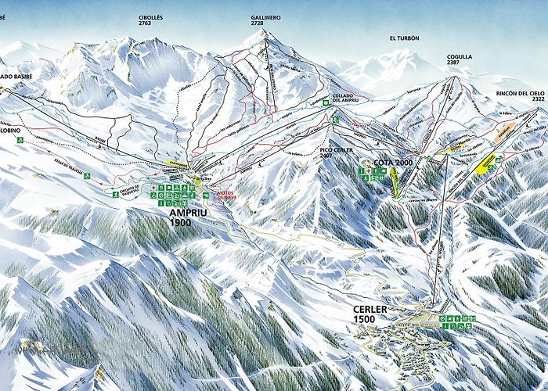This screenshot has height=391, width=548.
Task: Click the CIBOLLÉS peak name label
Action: tap(150, 16)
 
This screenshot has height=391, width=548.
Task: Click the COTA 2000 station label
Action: tap(393, 162)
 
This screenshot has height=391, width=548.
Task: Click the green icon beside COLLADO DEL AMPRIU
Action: tap(325, 102)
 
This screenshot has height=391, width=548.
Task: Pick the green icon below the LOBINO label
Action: tap(22, 140)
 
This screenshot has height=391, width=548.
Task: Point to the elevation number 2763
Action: tap(150, 24)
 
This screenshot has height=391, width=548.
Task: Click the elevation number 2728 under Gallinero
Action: tap(265, 24)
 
